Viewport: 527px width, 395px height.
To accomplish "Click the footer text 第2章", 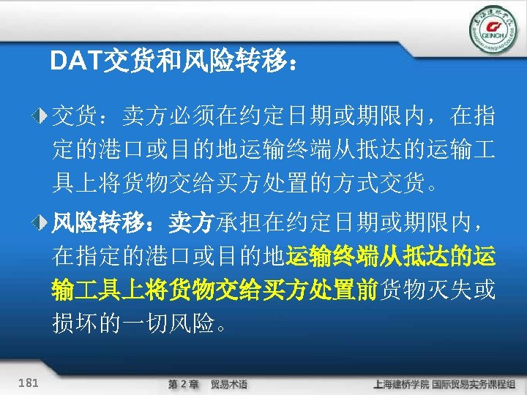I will (x=183, y=384).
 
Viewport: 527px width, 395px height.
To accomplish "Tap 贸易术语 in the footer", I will (x=229, y=384).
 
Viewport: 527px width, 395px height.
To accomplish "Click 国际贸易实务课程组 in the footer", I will (x=475, y=384).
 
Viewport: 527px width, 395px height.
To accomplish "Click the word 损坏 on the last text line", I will (x=73, y=323).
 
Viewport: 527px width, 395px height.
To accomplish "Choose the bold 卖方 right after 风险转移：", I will (x=191, y=221).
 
